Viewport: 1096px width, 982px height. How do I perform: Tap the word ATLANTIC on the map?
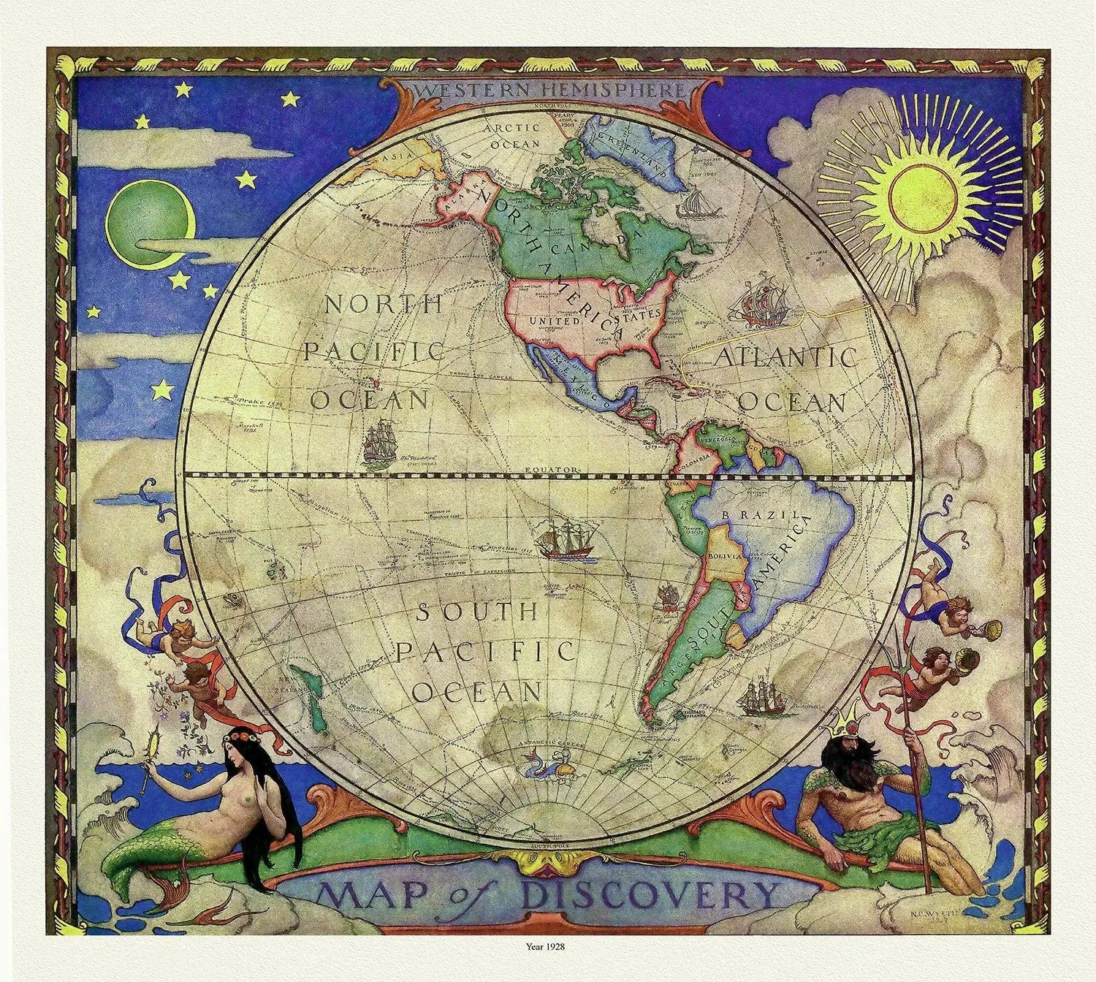click(x=785, y=357)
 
